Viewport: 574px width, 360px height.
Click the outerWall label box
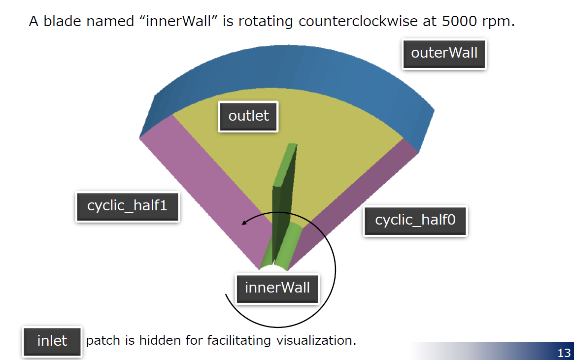[x=444, y=54]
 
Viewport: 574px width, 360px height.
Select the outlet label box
[x=248, y=116]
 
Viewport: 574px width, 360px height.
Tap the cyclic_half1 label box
[x=128, y=206]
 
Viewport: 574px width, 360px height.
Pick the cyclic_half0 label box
[x=415, y=221]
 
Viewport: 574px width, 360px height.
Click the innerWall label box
[x=277, y=288]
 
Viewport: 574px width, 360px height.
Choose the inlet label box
[x=52, y=341]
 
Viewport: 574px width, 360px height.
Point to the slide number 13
[x=564, y=353]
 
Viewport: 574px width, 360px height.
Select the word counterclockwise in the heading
[x=358, y=21]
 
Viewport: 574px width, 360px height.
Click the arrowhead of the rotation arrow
[x=244, y=223]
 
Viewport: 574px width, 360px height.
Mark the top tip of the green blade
[x=292, y=144]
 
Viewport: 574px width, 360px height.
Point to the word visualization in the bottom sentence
[x=316, y=341]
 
